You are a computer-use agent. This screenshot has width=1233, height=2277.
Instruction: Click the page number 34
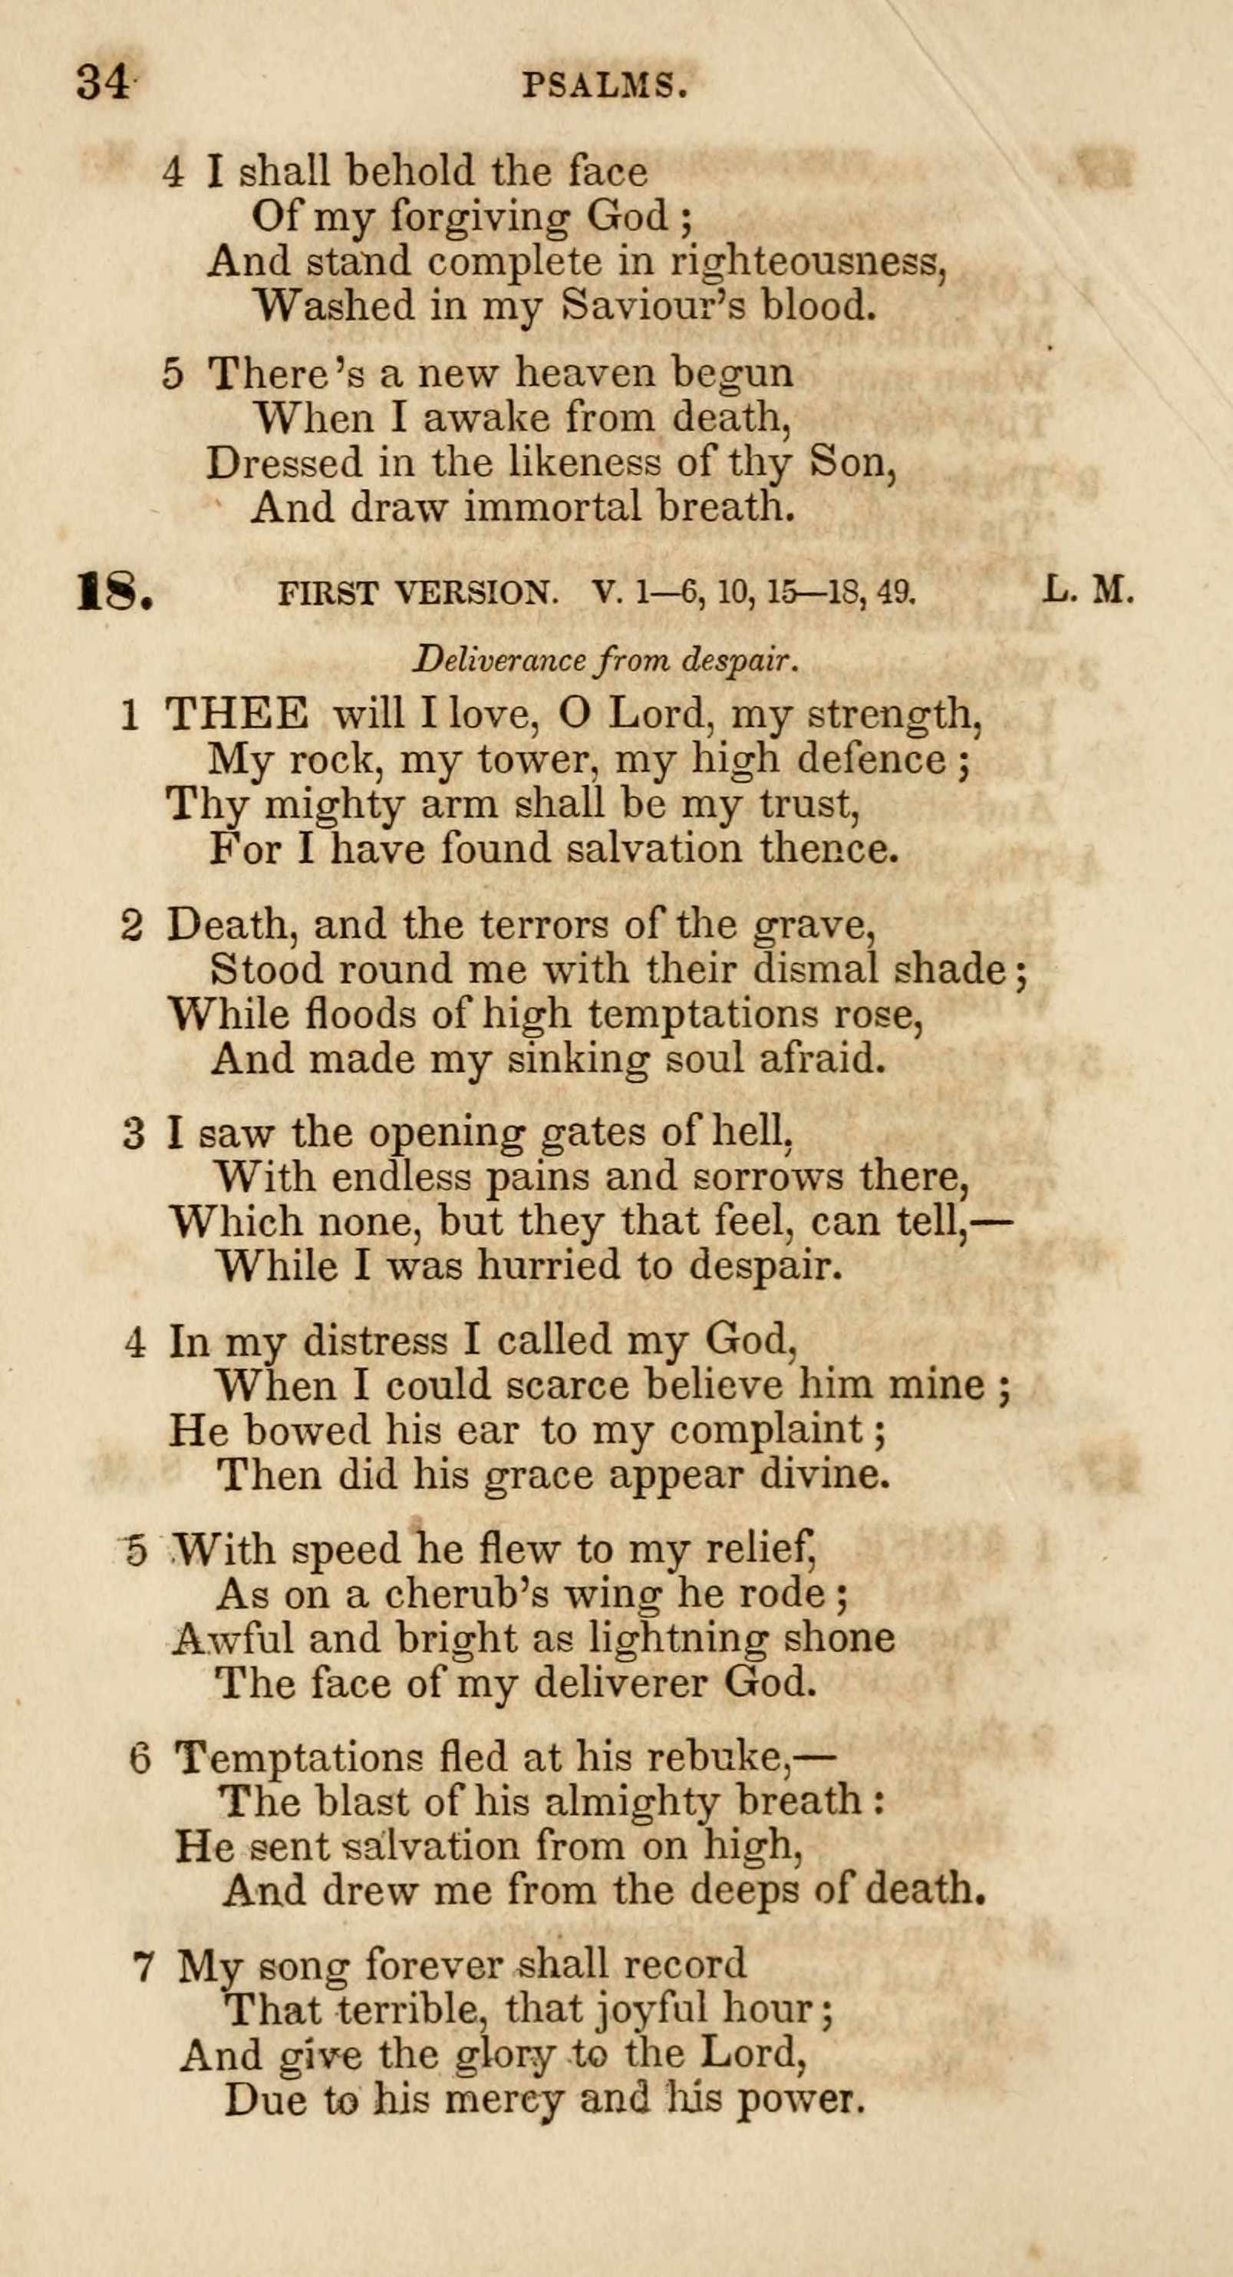(103, 82)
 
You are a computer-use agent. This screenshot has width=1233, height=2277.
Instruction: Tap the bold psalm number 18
(115, 592)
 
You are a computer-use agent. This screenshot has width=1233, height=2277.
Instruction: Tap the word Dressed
(285, 462)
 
